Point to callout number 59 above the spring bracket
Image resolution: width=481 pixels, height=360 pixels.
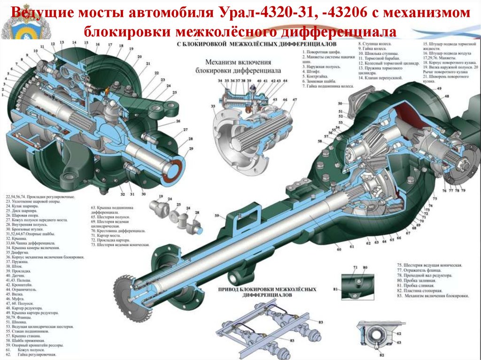(217, 215)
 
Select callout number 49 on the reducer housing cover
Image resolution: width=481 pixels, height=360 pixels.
(439, 89)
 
